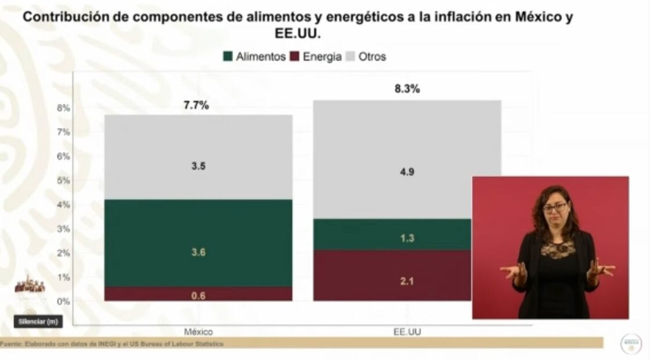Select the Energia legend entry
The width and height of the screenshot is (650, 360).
[x=316, y=56]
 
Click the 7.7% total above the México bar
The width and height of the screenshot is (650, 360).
[x=196, y=105]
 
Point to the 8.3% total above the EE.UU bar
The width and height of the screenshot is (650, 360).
[x=407, y=89]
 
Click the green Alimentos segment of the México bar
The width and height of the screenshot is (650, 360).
[x=198, y=243]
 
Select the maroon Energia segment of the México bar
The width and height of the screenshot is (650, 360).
[x=198, y=294]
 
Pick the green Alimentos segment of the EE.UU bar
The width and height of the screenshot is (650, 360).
[x=392, y=234]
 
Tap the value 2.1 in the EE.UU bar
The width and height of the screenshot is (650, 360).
[x=407, y=282]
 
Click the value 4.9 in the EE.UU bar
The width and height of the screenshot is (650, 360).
[x=407, y=171]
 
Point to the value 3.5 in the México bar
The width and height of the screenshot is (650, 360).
[x=198, y=166]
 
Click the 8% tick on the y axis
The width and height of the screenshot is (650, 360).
[x=63, y=107]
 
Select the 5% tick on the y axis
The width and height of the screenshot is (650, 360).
[x=63, y=180]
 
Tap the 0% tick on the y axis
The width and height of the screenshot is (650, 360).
[x=63, y=301]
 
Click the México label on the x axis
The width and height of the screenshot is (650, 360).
[x=198, y=332]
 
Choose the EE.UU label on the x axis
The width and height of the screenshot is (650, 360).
[x=407, y=332]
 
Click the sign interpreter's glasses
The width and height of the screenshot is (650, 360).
[x=555, y=207]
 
